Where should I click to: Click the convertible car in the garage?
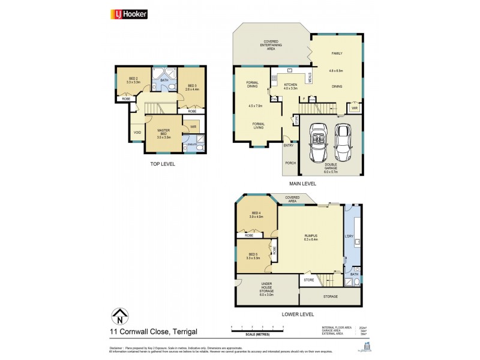tap(318, 143)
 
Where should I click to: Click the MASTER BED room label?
tap(164, 133)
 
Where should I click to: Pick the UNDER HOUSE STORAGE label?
tap(266, 290)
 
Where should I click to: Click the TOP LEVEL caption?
tap(163, 163)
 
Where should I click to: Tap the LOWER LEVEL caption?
tap(297, 314)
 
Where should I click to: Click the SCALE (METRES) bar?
tap(257, 329)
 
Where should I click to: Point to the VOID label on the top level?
tap(137, 133)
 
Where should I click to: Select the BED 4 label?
tap(256, 213)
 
